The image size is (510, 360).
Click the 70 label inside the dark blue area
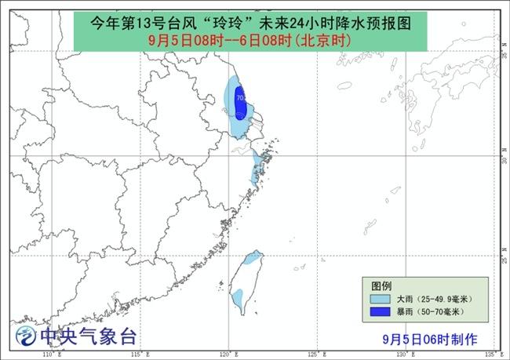(240, 98)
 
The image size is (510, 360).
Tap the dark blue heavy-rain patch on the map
(242, 106)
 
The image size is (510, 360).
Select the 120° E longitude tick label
(228, 355)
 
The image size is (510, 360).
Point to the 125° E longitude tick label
(317, 355)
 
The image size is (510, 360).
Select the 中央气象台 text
(89, 337)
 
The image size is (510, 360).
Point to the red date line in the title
(246, 38)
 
